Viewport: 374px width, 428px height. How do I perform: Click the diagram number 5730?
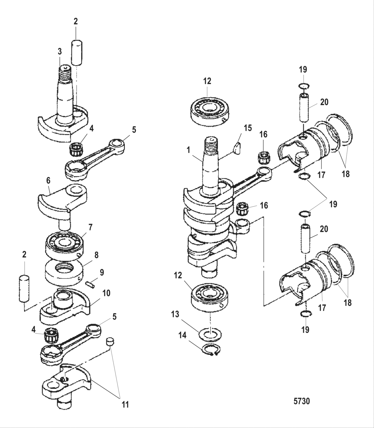[x=302, y=401]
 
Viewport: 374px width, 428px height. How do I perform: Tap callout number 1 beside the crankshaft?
[x=189, y=150]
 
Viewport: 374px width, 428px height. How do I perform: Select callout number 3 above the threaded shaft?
[x=59, y=51]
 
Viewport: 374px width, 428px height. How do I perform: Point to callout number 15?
[x=247, y=128]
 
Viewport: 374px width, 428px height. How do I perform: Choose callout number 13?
[x=175, y=314]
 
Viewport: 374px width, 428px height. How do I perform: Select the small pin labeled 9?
[x=91, y=284]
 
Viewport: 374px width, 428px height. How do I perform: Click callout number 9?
[x=102, y=273]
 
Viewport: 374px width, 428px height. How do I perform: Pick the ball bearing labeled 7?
[x=64, y=243]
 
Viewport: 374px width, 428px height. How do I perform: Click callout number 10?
[x=106, y=293]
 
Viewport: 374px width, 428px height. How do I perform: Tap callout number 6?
[x=49, y=181]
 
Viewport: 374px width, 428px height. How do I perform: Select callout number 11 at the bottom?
[x=125, y=404]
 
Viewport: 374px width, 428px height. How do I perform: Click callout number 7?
[x=90, y=227]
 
